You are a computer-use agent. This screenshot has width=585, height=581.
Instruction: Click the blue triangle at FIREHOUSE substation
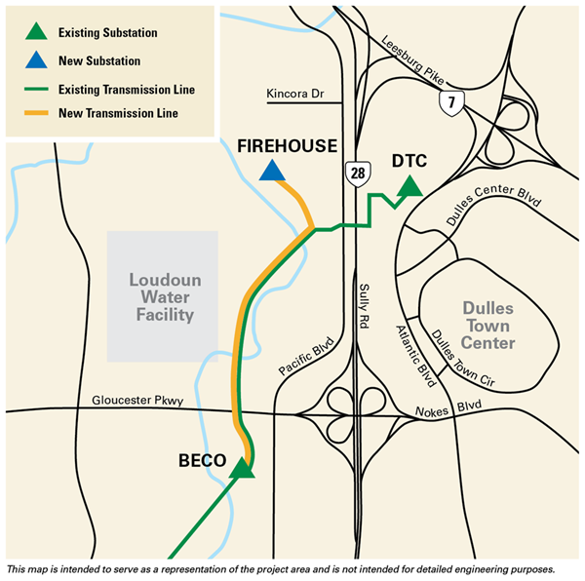coord(273,173)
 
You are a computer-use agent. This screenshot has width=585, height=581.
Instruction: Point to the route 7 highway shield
coord(450,99)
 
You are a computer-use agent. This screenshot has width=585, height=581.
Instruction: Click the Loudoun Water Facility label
coord(163,296)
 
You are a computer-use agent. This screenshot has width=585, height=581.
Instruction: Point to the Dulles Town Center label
coord(489,325)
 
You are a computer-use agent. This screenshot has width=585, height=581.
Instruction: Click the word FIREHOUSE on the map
coord(287,145)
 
